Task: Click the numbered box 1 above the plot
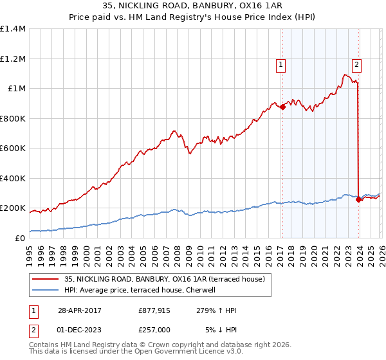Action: [282, 64]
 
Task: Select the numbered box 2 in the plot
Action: [356, 64]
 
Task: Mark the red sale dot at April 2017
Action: [282, 107]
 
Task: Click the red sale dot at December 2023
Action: [358, 200]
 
